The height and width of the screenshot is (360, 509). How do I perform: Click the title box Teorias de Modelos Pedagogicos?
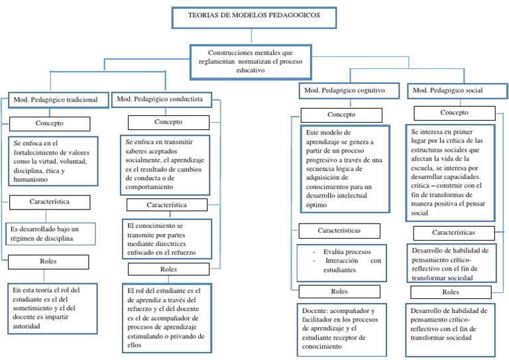(x=253, y=17)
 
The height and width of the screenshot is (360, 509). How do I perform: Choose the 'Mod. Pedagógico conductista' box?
(x=164, y=99)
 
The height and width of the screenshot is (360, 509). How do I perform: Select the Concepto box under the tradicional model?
(x=50, y=124)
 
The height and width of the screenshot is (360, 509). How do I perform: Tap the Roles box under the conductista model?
(x=169, y=270)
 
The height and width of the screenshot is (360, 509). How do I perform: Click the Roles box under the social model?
(x=451, y=292)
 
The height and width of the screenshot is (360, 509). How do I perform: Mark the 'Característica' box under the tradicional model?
(x=50, y=200)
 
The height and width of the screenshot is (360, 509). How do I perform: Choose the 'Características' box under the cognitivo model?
(x=339, y=230)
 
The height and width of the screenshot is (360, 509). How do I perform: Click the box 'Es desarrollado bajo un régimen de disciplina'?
(x=52, y=233)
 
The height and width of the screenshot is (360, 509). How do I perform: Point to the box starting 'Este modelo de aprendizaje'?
(x=341, y=168)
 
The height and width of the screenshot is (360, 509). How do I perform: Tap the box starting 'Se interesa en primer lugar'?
(x=450, y=172)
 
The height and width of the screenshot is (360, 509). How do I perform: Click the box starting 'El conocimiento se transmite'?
(x=166, y=239)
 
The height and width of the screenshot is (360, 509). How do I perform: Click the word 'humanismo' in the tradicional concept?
(x=31, y=180)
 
